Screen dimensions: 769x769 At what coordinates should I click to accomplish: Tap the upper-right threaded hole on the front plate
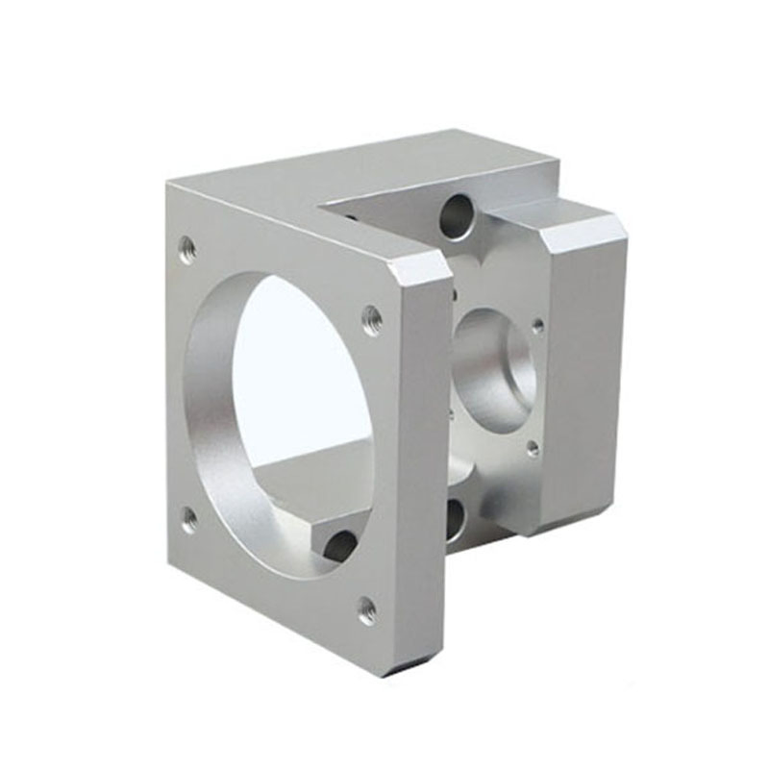[x=372, y=319]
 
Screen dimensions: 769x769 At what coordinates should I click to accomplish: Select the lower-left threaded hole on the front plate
[x=190, y=520]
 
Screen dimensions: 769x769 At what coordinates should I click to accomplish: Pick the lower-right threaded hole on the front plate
[x=367, y=608]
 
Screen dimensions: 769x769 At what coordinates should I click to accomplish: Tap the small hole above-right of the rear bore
[x=537, y=326]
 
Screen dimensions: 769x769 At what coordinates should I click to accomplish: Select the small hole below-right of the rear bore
[x=533, y=448]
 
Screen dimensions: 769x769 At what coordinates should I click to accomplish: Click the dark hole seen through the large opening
[x=340, y=546]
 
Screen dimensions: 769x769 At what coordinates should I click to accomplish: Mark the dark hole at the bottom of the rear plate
[x=455, y=519]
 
